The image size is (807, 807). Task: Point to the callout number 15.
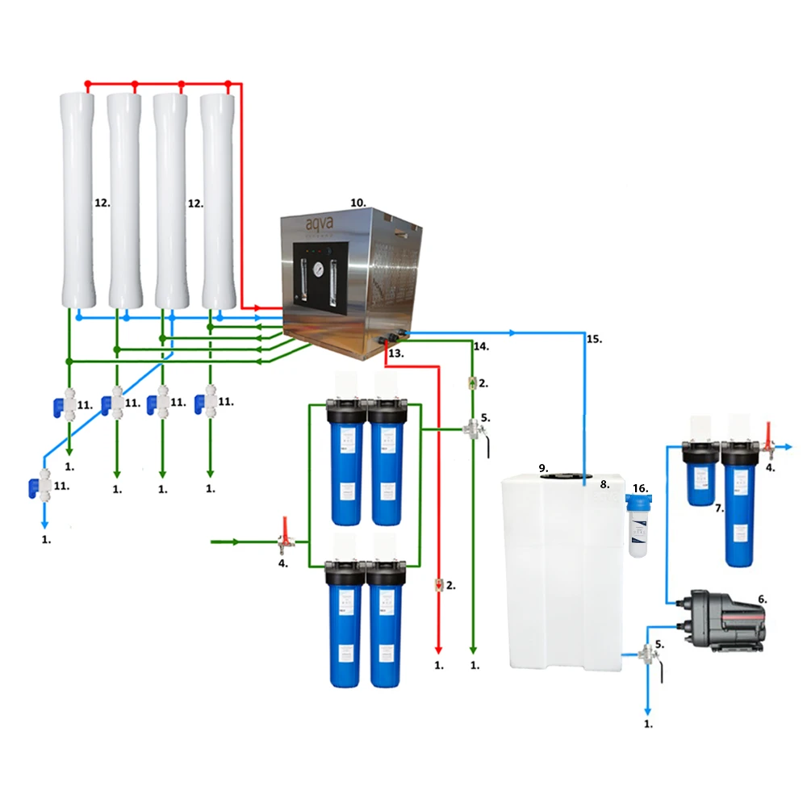tap(594, 340)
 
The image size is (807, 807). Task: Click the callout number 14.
tap(481, 346)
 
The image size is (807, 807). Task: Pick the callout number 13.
tap(396, 353)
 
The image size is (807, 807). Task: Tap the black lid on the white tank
tap(563, 475)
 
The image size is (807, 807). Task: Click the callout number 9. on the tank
tap(544, 468)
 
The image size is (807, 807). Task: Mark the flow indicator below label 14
tap(473, 381)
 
